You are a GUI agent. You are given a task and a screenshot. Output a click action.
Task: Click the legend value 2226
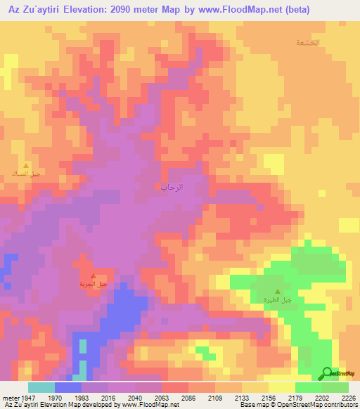(x=348, y=397)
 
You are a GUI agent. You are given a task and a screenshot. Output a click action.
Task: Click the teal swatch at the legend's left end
(x=41, y=387)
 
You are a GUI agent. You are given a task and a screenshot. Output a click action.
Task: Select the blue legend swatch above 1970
(x=68, y=387)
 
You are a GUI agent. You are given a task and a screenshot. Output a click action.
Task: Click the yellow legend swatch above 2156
(x=282, y=387)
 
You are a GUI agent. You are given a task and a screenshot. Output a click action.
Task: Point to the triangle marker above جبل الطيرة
(x=277, y=292)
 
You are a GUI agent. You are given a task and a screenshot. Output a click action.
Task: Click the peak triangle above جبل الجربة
(x=94, y=275)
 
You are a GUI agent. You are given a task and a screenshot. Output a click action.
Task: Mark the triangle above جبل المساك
(x=27, y=166)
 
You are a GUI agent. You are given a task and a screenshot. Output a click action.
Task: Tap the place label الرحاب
(x=172, y=187)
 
